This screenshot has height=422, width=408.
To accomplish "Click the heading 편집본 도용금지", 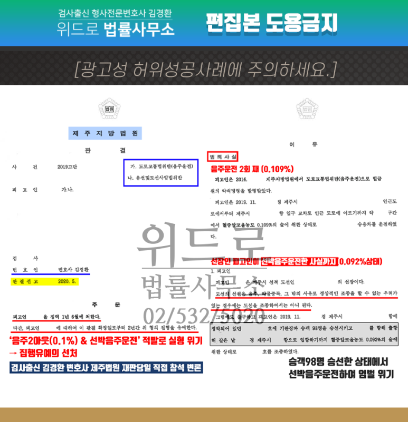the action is [x=271, y=23].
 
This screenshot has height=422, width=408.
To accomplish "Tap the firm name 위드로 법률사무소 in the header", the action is [x=116, y=28].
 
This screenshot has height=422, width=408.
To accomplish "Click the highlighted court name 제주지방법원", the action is [x=105, y=133].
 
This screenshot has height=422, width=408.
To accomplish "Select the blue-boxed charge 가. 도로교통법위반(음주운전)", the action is [x=161, y=166].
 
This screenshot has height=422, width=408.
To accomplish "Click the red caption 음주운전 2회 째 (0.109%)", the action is [x=252, y=169].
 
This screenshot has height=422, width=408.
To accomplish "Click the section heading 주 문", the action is [x=106, y=305].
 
